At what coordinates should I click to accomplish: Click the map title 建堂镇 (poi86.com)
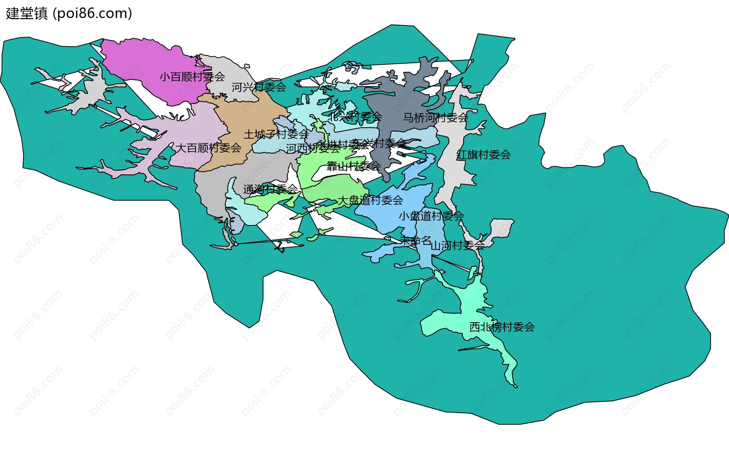click(69, 14)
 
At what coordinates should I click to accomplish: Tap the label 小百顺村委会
click(192, 77)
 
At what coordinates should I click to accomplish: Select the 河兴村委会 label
click(259, 87)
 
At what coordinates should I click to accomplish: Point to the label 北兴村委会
click(355, 117)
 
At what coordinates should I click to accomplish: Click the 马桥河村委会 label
click(435, 118)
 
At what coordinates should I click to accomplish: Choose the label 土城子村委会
click(276, 134)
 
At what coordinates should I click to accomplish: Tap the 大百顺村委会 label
click(208, 148)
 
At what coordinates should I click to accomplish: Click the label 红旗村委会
click(483, 154)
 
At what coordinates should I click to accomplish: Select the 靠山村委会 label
click(353, 166)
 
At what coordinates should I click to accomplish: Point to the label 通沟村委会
click(270, 189)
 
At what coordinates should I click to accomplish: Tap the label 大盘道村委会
click(370, 200)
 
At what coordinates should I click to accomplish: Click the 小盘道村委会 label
click(431, 216)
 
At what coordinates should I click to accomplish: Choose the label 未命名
click(415, 240)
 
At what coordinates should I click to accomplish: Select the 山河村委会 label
click(458, 246)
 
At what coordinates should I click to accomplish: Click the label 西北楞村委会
click(502, 327)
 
